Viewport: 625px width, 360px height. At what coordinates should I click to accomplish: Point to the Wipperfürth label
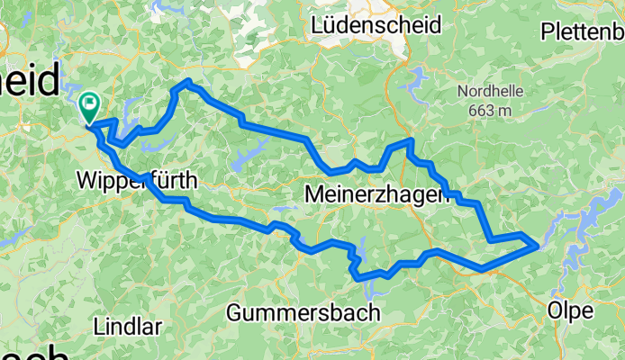tap(137, 178)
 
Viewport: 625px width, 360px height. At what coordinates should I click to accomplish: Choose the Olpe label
tap(570, 310)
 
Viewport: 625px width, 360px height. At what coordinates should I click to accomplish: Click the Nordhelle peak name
tap(489, 91)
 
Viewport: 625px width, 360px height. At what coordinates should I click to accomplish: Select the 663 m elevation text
tap(490, 110)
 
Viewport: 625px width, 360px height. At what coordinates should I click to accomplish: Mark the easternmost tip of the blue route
tap(538, 244)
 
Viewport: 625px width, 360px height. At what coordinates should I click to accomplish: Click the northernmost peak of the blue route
tap(187, 82)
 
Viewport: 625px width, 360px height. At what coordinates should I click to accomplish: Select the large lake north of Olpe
tap(590, 220)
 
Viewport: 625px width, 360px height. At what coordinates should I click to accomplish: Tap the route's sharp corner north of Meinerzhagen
tap(410, 140)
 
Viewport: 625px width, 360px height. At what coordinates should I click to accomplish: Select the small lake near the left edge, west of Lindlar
tap(11, 243)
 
